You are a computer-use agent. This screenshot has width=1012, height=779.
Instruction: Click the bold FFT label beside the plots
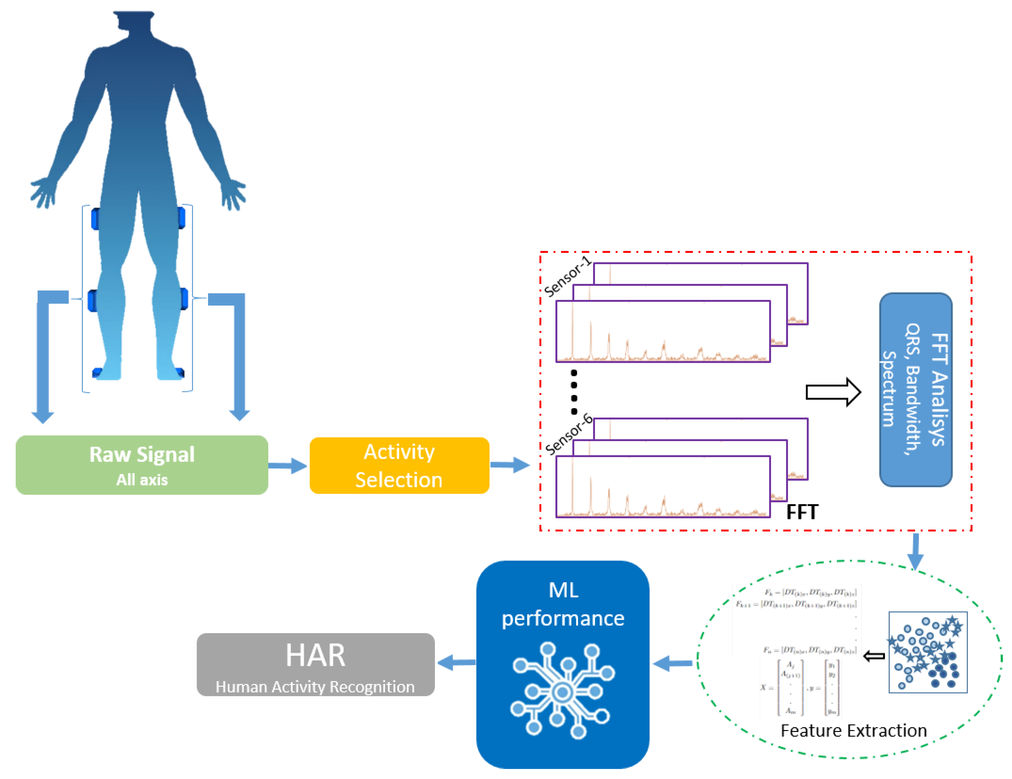coord(802,512)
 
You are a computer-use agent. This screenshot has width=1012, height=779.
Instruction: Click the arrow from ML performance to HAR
coord(456,662)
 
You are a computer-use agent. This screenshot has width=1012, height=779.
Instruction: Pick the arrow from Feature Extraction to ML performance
coord(672,663)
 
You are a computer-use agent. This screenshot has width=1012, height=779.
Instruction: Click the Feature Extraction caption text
coord(853,730)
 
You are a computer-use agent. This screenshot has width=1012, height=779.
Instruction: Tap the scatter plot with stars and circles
coord(927,652)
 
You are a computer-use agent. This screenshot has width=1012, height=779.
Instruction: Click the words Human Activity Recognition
coord(315,686)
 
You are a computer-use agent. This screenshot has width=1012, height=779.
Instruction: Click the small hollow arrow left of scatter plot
coord(874,656)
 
